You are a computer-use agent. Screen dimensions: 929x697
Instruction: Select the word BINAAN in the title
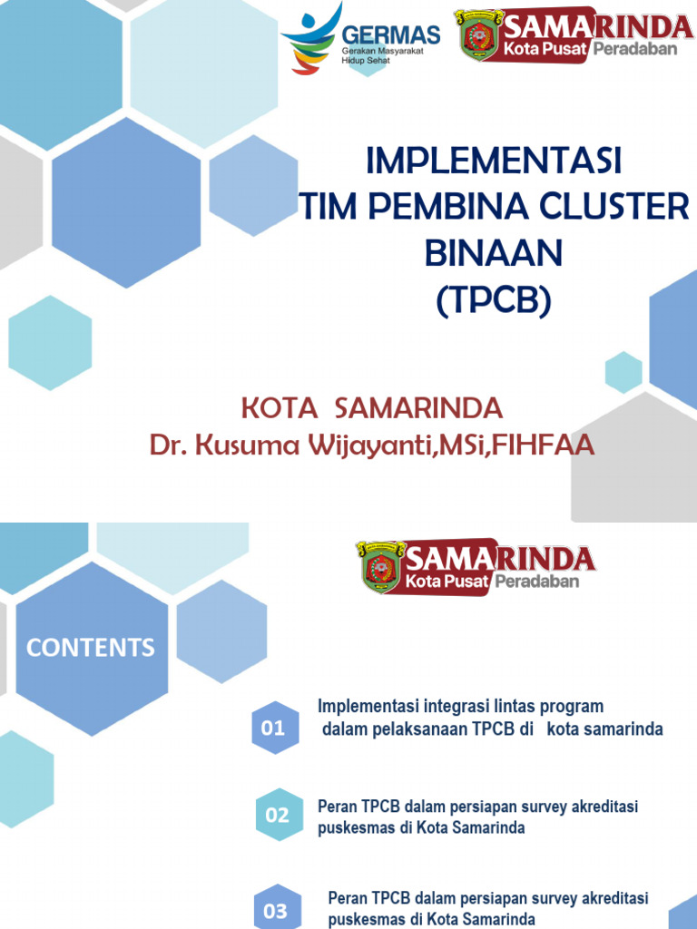pos(493,254)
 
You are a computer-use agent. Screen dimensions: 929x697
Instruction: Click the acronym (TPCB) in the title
pos(493,301)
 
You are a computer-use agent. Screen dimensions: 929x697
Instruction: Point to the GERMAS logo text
pos(390,35)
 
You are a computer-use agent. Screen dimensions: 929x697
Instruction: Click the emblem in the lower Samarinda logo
pos(381,568)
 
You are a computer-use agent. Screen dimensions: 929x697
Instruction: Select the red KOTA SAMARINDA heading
pos(371,407)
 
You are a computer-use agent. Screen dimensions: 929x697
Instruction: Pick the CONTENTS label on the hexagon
pos(91,647)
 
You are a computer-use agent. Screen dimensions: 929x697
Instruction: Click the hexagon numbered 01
pos(273,728)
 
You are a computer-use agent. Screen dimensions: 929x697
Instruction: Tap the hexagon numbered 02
pos(277,815)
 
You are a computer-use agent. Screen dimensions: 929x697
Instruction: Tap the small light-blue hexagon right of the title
pos(623,372)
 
